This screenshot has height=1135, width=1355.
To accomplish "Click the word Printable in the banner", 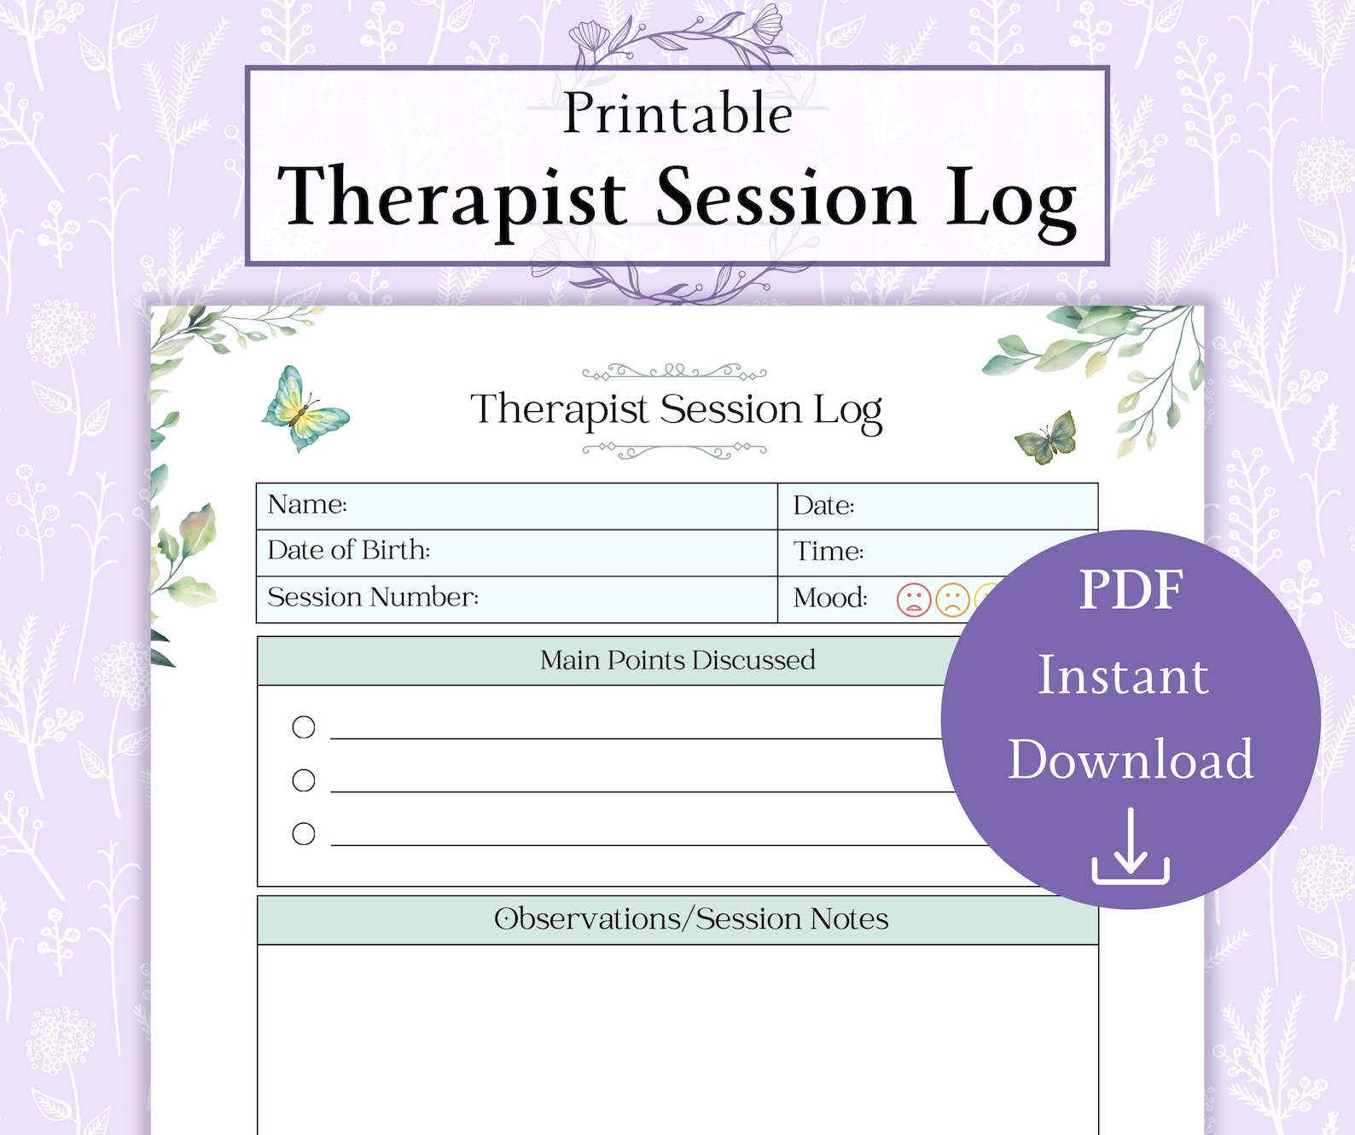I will (x=677, y=114).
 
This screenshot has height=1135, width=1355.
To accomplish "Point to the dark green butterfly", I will (x=1048, y=437).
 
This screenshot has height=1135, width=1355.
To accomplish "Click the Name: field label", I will (x=307, y=505).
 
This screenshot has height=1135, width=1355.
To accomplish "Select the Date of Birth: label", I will (x=348, y=551).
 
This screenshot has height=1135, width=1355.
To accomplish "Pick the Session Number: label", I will (x=373, y=597).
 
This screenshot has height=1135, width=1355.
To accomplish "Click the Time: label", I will (x=829, y=552).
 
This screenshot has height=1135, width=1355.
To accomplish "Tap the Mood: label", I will (x=830, y=598).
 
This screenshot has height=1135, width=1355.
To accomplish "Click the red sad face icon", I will (x=913, y=599).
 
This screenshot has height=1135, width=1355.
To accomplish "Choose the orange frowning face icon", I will (x=952, y=599).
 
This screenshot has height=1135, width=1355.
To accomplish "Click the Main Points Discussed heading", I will (x=677, y=660).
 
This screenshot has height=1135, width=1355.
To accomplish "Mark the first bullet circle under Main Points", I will (x=304, y=727).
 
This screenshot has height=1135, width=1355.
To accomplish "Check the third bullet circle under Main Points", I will (x=304, y=834).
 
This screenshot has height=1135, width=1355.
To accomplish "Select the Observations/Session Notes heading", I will (x=691, y=919).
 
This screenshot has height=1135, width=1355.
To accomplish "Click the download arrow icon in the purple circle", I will (x=1131, y=848).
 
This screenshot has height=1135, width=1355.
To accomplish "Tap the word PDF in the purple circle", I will (x=1131, y=590).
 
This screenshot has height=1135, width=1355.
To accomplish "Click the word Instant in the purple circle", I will (x=1123, y=676).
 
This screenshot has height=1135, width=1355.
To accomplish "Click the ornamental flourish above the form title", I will (x=674, y=372).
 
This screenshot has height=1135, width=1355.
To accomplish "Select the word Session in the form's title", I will (x=731, y=409).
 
